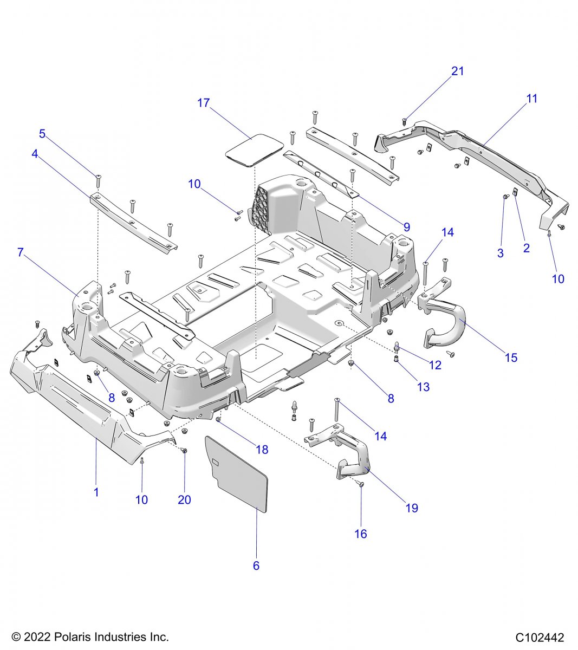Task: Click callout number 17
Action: point(203,103)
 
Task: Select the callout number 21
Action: point(458,71)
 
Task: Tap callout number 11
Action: point(532,99)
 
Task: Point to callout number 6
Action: point(256,566)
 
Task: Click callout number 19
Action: point(412,508)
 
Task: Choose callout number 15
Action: point(511,357)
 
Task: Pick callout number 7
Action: point(21,252)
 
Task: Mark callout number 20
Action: point(184,499)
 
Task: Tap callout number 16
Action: point(360,534)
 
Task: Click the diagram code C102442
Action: point(540,638)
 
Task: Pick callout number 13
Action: point(423,387)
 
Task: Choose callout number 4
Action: point(35,154)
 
